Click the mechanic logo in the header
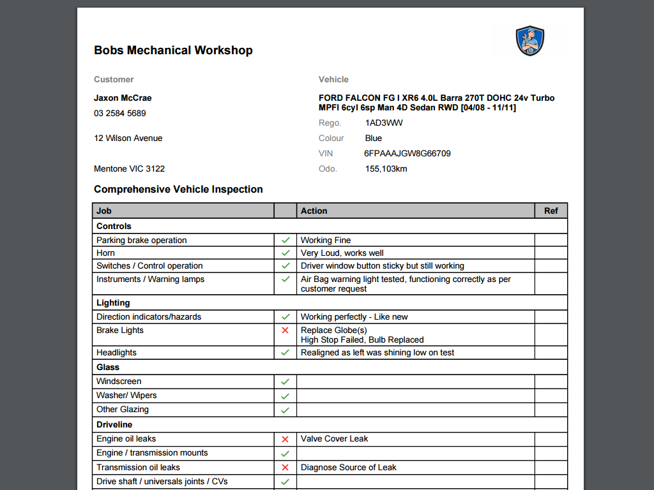click(x=529, y=41)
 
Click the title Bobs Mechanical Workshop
click(x=173, y=50)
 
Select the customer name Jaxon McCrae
click(x=123, y=98)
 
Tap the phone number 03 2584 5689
click(x=120, y=114)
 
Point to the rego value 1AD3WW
click(x=384, y=123)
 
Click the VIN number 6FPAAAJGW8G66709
click(x=407, y=154)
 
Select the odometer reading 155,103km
click(x=386, y=169)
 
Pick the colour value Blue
click(x=374, y=138)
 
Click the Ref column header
click(x=551, y=211)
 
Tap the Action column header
click(x=314, y=211)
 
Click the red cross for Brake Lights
click(x=285, y=330)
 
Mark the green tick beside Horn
click(x=285, y=253)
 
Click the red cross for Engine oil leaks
click(x=285, y=439)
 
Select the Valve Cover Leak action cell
click(x=334, y=439)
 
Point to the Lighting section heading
click(x=113, y=303)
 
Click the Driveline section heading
click(x=114, y=425)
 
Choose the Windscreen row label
click(x=119, y=382)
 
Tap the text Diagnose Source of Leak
click(x=348, y=468)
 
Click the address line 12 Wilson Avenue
click(x=128, y=138)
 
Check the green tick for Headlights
click(x=285, y=353)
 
